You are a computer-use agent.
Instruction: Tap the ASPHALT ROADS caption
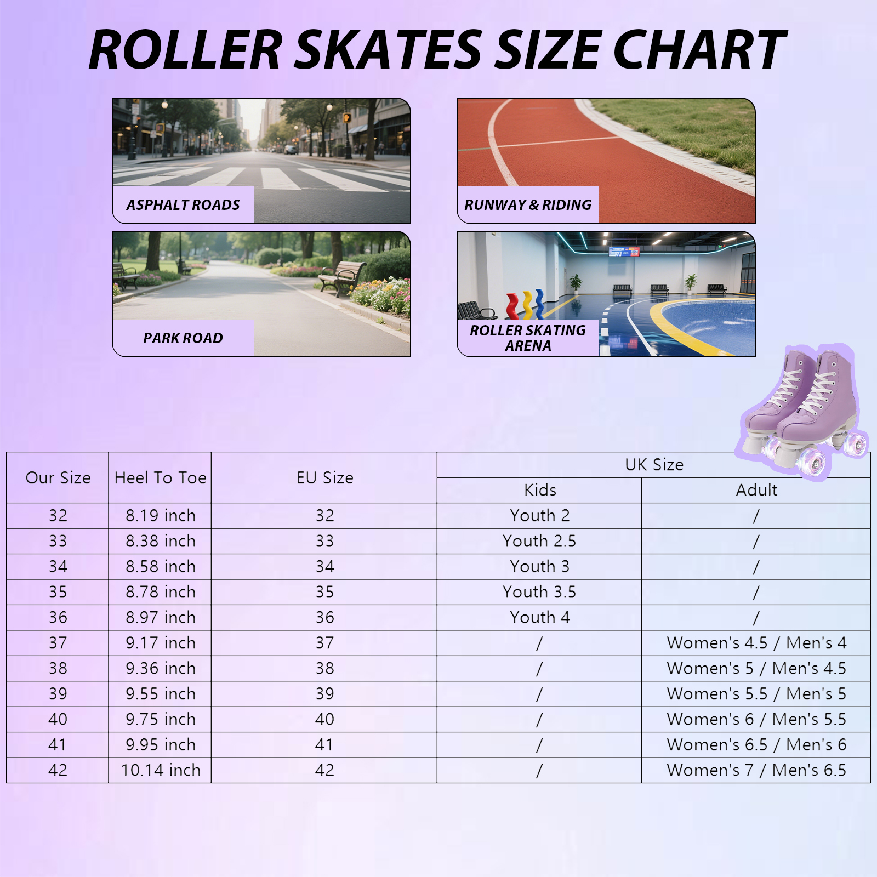click(183, 205)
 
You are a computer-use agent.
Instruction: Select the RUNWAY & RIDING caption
click(528, 205)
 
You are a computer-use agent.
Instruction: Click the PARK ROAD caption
click(183, 338)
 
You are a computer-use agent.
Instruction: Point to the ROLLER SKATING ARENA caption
click(528, 338)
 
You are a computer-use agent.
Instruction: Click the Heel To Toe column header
click(160, 478)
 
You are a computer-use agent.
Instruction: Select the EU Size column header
click(324, 478)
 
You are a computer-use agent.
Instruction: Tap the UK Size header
click(654, 465)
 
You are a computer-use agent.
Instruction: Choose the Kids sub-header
click(540, 490)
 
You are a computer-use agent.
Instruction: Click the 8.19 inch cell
click(160, 516)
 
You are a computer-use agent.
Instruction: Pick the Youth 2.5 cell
click(539, 541)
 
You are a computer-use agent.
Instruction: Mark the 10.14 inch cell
click(160, 770)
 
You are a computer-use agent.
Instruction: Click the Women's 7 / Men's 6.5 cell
click(756, 770)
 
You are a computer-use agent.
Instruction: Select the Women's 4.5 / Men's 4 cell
click(756, 643)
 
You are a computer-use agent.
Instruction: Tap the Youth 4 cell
click(539, 618)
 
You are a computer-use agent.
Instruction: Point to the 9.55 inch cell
click(160, 694)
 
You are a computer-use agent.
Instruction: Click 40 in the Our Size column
click(58, 719)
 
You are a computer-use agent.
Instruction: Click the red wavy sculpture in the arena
click(512, 306)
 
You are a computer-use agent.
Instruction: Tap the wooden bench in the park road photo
click(342, 278)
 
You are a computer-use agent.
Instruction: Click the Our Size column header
click(58, 478)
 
